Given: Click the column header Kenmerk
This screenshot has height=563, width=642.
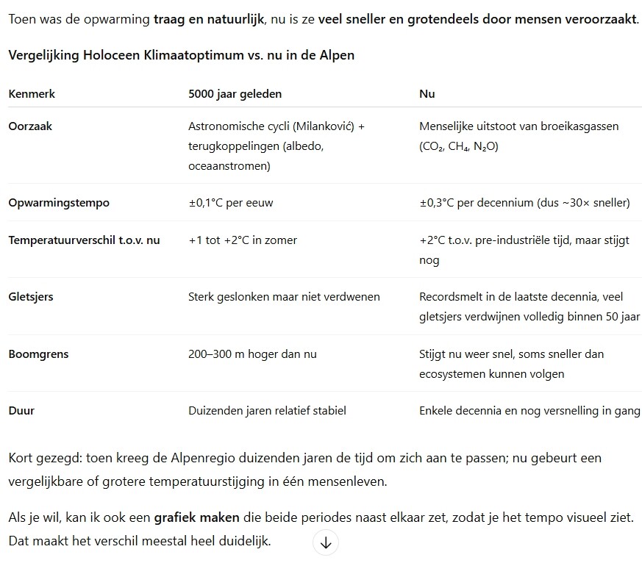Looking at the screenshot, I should (32, 94).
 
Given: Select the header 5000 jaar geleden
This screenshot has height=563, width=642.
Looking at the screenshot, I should (235, 94).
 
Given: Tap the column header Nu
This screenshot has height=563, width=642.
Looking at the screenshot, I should (427, 94).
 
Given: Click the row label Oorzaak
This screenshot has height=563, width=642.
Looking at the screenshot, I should (30, 126).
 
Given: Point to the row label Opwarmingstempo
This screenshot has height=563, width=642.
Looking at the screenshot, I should (58, 203).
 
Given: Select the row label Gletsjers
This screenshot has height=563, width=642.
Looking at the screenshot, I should (31, 297).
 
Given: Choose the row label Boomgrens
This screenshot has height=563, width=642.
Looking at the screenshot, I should (38, 354).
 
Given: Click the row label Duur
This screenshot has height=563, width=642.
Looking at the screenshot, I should (21, 411).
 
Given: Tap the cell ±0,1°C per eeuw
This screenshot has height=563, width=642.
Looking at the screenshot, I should (230, 203).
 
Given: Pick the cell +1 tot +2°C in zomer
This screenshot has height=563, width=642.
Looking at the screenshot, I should (243, 240).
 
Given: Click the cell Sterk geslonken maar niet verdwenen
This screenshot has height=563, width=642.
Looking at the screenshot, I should (284, 297).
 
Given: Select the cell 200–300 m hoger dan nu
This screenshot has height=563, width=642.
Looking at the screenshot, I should (252, 354).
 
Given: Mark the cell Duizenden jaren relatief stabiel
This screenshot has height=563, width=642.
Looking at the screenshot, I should (267, 411).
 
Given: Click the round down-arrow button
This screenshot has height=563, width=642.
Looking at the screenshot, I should (326, 542).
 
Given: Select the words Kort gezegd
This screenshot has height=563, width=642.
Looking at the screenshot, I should (43, 458).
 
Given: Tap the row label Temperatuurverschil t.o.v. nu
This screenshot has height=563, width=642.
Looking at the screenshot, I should (84, 240).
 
